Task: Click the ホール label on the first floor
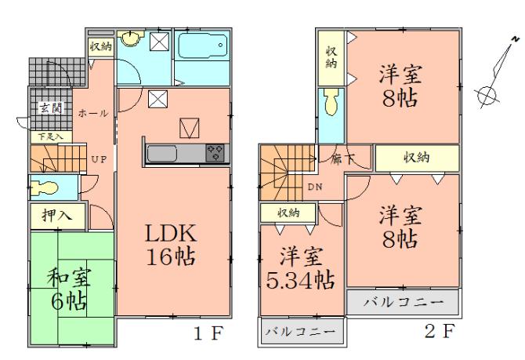93,114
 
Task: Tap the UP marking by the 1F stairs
99,159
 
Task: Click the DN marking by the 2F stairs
314,187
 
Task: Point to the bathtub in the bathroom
202,47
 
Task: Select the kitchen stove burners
215,153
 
